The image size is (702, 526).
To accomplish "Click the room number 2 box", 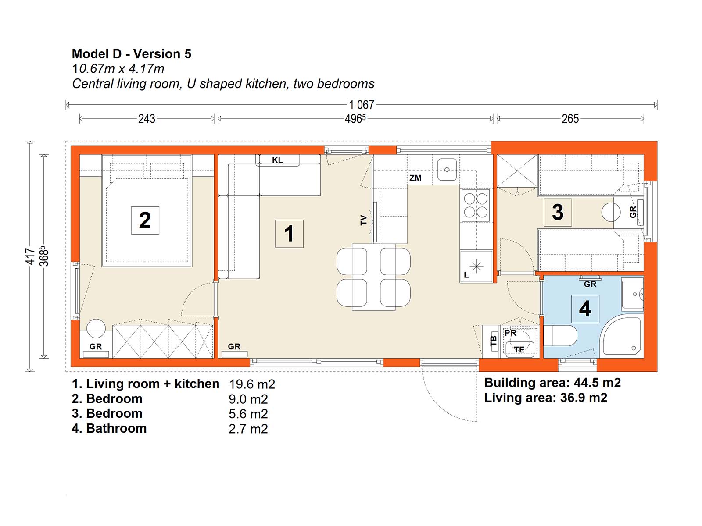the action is click(x=145, y=220).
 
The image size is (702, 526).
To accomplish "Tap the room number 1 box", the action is click(x=289, y=234).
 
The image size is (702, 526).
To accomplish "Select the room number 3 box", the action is click(x=558, y=212).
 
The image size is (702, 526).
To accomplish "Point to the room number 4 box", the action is click(x=585, y=309).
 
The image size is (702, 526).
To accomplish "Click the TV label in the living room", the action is click(x=364, y=220).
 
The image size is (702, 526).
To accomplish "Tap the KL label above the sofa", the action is click(x=277, y=160).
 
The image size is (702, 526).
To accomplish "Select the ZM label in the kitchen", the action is click(x=415, y=178).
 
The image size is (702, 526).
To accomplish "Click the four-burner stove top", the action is click(x=476, y=205).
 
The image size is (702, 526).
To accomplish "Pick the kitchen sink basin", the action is click(x=447, y=169).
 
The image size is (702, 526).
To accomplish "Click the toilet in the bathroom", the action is click(x=560, y=336).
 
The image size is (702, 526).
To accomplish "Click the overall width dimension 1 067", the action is click(x=362, y=105).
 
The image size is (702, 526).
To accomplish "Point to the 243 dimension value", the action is click(x=147, y=119).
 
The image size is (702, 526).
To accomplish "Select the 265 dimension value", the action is click(x=570, y=119).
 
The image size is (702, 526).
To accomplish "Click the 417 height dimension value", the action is click(x=30, y=256).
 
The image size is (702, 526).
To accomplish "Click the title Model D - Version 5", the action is click(x=132, y=53).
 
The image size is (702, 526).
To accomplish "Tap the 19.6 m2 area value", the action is click(x=252, y=384).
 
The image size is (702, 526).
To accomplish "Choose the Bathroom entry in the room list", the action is click(x=116, y=428).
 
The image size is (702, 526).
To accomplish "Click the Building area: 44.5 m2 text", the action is click(x=552, y=383).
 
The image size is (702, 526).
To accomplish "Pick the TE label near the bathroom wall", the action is click(x=519, y=350).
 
